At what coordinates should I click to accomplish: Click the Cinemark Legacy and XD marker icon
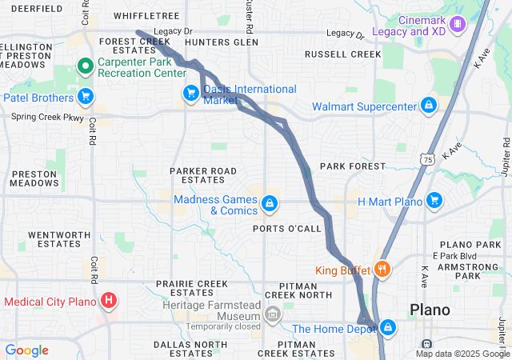[x=458, y=24]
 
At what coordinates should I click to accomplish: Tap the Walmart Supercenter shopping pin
[x=429, y=106]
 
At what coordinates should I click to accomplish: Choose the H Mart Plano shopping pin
[x=434, y=200]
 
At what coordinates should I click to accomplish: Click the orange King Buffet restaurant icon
[x=382, y=270]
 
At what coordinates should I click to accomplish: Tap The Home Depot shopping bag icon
[x=388, y=327]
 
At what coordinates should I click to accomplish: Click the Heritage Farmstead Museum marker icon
[x=273, y=313]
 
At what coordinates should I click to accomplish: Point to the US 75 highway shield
[x=422, y=160]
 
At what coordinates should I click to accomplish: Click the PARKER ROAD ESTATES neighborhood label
[x=203, y=176]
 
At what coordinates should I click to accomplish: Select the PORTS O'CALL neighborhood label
[x=286, y=229]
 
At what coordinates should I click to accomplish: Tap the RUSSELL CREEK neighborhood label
[x=343, y=55]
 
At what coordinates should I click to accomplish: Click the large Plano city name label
[x=430, y=310]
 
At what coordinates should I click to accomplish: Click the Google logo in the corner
[x=27, y=350]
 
